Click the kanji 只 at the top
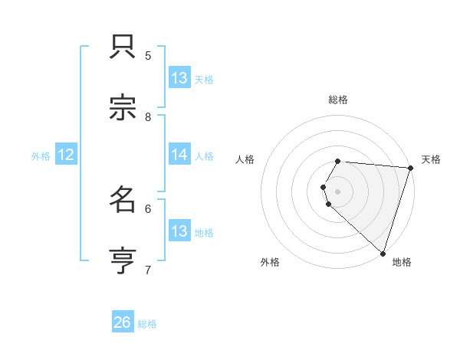(x=123, y=48)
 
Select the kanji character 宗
(x=123, y=109)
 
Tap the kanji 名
(x=123, y=201)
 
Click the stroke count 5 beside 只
(x=148, y=55)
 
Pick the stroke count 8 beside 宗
(x=148, y=116)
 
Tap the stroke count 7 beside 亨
(x=148, y=270)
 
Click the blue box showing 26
(x=123, y=322)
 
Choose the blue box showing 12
(x=65, y=155)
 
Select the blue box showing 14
(x=179, y=155)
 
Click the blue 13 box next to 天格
(x=179, y=78)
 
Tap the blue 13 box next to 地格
(x=179, y=231)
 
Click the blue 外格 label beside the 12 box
(x=41, y=156)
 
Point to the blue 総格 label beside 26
(x=147, y=324)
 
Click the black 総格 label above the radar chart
(x=338, y=100)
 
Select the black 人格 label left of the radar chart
(x=245, y=159)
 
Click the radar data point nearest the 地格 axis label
(x=383, y=253)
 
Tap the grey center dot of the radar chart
(x=338, y=191)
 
